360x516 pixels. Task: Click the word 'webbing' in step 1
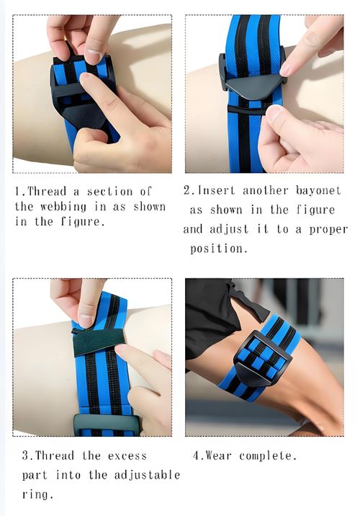[63, 207]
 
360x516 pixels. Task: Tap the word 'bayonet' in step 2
[318, 191]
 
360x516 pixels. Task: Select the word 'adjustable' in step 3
[147, 475]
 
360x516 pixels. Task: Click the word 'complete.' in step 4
[268, 455]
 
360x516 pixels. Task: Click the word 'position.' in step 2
[218, 248]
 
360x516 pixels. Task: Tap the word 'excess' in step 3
[127, 456]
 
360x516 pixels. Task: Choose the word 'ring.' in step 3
[37, 494]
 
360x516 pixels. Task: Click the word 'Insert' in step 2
[216, 190]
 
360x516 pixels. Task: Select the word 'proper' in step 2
[328, 230]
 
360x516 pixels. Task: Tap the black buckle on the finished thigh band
[263, 359]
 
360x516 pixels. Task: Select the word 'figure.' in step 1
[83, 222]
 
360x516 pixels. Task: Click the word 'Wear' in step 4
[218, 455]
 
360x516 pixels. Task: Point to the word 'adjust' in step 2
[229, 229]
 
